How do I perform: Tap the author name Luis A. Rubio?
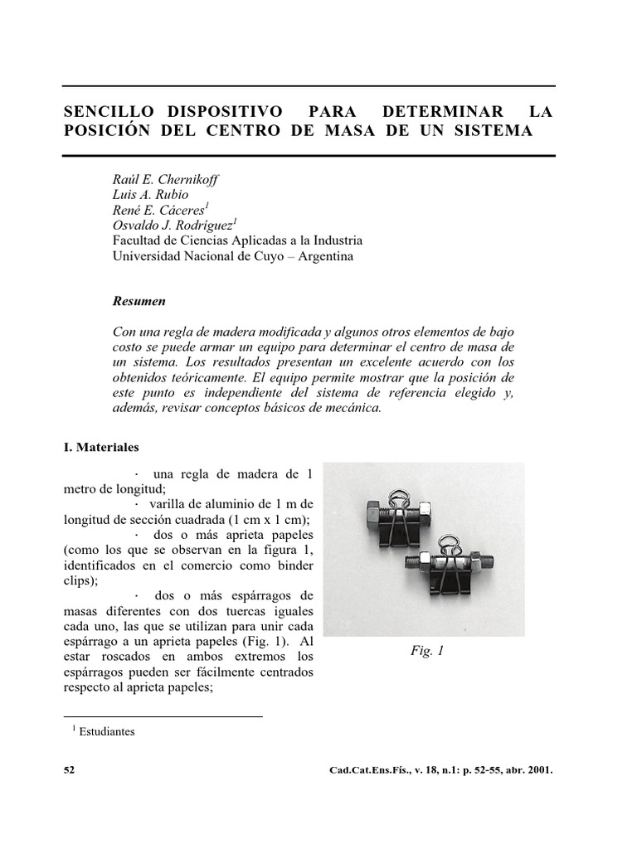coord(150,195)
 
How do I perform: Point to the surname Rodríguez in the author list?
coord(202,226)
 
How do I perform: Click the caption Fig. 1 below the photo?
coord(427,652)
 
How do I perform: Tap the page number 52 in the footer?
coord(69,770)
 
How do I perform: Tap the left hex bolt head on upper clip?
coord(372,516)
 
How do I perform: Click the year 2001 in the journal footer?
coord(537,770)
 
